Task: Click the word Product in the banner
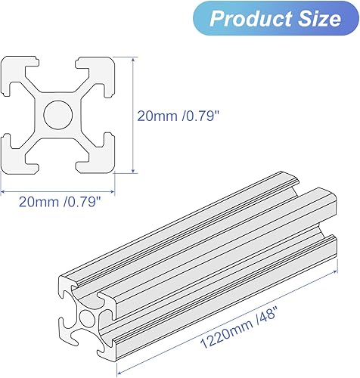(x=246, y=19)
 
